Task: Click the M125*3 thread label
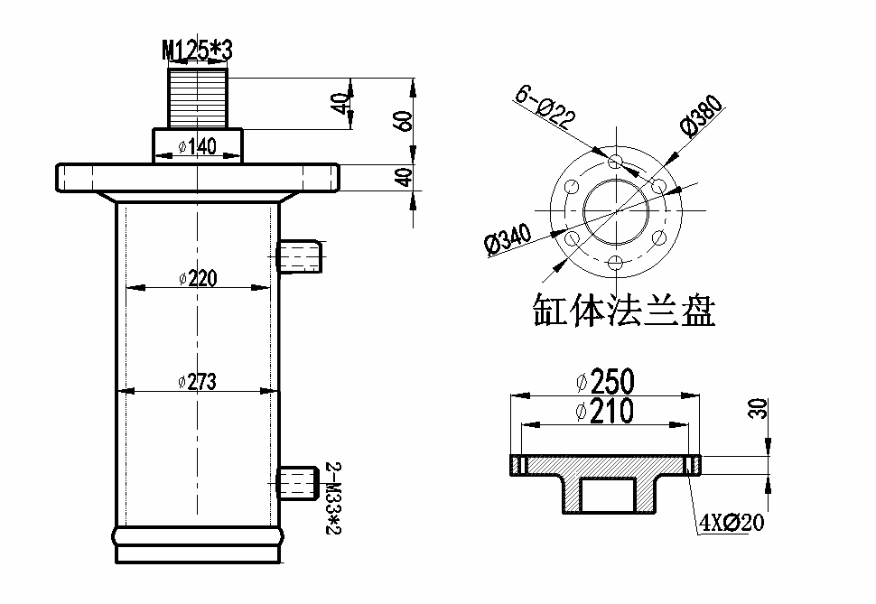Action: click(x=197, y=51)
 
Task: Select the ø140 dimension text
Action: click(x=198, y=147)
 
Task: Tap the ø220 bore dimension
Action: click(x=198, y=279)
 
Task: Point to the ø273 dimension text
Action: click(x=198, y=382)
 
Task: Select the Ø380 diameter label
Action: click(x=704, y=117)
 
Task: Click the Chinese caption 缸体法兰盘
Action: click(x=624, y=311)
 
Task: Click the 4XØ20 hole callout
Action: click(x=732, y=522)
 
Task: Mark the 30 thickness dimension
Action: click(x=759, y=408)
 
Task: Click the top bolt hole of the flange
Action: click(x=616, y=161)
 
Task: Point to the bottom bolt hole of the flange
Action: click(x=616, y=263)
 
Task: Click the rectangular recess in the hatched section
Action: click(x=608, y=496)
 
